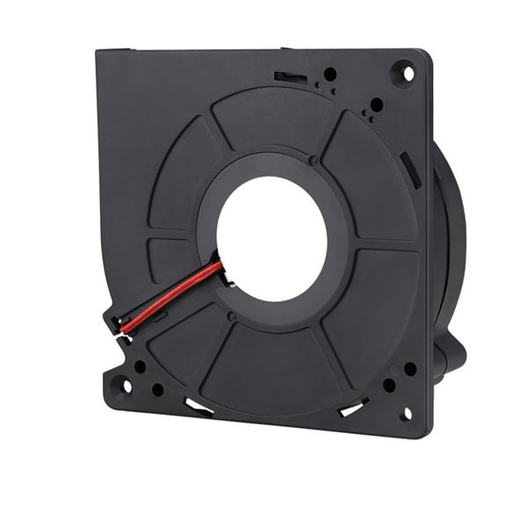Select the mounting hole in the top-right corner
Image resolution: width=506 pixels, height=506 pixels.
(404, 74)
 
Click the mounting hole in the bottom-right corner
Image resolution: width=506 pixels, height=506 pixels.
(405, 413)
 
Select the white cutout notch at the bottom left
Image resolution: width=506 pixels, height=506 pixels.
(197, 406)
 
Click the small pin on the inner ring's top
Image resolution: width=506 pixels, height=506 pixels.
(314, 160)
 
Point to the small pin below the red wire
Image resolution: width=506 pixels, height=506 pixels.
(231, 314)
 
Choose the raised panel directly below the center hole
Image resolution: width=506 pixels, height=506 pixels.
(264, 360)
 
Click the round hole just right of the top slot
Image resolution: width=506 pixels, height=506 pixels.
(330, 75)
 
